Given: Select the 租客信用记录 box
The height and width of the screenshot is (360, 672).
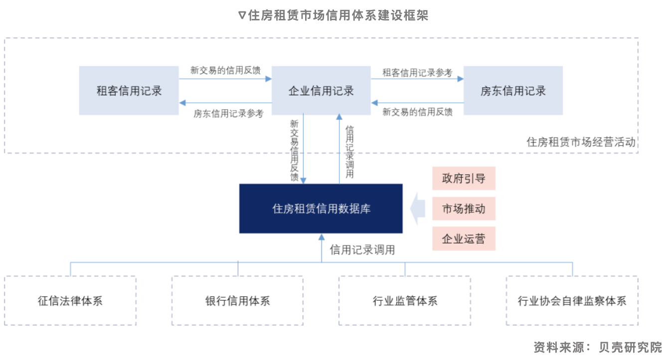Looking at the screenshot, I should (x=129, y=91).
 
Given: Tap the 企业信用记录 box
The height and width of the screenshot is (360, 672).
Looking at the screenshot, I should (x=321, y=91).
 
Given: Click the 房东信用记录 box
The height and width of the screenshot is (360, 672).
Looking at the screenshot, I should (x=513, y=91).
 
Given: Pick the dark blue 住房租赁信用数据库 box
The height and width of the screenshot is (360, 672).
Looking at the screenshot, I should (x=321, y=208).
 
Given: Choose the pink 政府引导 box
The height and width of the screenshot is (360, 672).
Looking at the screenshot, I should (x=464, y=178).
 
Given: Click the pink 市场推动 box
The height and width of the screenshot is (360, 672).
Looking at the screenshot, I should (x=464, y=208).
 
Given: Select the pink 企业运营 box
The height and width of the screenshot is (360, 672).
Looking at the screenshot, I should (x=464, y=239).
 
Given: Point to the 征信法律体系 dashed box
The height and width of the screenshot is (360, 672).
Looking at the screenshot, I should (x=70, y=301).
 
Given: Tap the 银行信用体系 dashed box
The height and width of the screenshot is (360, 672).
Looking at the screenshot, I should (x=237, y=301).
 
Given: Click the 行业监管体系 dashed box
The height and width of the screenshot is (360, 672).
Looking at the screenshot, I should (x=405, y=301).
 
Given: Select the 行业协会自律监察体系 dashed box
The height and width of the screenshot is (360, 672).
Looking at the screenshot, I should (x=572, y=301).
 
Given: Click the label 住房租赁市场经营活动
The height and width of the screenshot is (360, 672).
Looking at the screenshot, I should (x=581, y=142).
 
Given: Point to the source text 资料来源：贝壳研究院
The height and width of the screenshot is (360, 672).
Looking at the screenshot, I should (x=597, y=347).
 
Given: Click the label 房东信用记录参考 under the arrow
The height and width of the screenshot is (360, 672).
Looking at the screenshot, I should (x=228, y=113).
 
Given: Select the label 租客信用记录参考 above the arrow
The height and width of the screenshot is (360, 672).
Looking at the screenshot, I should (x=417, y=73).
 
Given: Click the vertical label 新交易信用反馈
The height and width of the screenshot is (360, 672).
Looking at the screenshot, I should (x=294, y=150).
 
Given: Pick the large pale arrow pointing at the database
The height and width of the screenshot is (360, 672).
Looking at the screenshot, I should (x=418, y=208).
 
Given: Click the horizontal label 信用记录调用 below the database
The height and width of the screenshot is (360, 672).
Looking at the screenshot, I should (x=362, y=250).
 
